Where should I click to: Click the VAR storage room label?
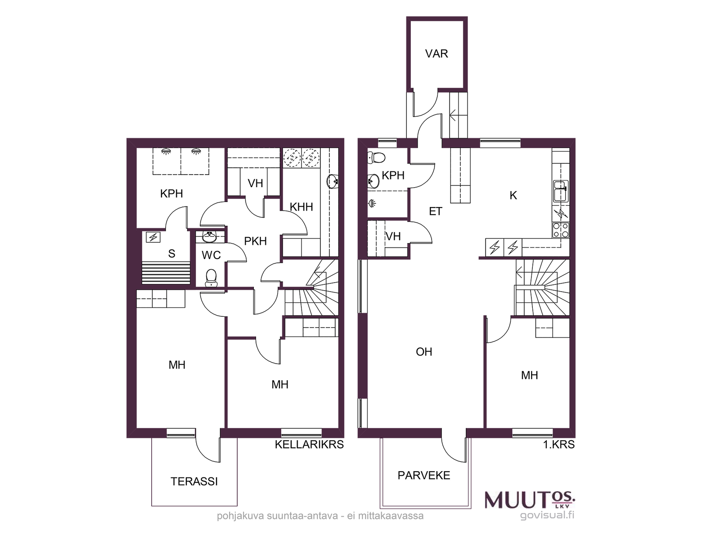(x=436, y=54)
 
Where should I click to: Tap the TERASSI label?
(x=194, y=481)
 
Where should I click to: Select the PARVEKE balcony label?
(x=424, y=475)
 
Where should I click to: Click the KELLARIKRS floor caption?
(x=309, y=444)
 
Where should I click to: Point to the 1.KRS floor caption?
(x=559, y=444)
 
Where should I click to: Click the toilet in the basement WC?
(x=211, y=278)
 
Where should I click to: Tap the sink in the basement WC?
(x=209, y=237)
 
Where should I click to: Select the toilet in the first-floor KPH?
(x=376, y=157)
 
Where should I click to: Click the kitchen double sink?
(x=560, y=191)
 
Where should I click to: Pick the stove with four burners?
(x=561, y=230)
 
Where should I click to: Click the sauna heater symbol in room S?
(x=153, y=237)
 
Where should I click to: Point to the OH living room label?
(x=424, y=352)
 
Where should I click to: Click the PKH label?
(x=255, y=241)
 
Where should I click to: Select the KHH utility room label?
(x=301, y=207)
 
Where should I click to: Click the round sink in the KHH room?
(x=333, y=181)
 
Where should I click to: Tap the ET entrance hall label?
(x=436, y=211)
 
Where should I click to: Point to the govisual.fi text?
(x=547, y=516)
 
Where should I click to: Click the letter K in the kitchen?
(x=513, y=195)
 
